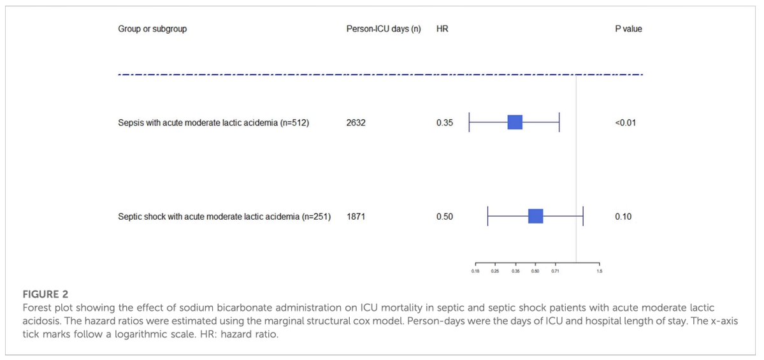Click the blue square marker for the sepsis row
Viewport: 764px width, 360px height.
(x=515, y=122)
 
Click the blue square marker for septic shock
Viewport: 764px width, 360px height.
(x=535, y=216)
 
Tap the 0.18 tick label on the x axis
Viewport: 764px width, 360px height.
(x=475, y=271)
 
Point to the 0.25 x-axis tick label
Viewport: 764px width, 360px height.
(x=495, y=271)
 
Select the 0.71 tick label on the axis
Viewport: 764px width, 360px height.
(x=555, y=271)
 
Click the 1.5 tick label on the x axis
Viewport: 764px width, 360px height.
(x=599, y=271)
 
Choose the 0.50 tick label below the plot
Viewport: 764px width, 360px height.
(x=535, y=271)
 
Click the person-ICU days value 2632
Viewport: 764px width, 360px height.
(x=356, y=123)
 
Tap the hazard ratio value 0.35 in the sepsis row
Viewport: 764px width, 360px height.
(x=445, y=123)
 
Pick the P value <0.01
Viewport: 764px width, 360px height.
(x=625, y=123)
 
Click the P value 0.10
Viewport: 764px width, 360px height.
(x=623, y=217)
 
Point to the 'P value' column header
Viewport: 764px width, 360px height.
(x=628, y=29)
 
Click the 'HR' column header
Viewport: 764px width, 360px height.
(x=442, y=29)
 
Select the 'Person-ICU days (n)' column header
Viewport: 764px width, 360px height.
(x=383, y=29)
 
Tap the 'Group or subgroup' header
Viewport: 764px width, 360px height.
(x=152, y=29)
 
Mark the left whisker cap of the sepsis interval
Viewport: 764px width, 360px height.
(x=469, y=122)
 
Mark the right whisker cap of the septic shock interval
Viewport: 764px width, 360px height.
(x=583, y=216)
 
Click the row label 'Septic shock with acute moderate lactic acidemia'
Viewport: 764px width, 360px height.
(x=224, y=217)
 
